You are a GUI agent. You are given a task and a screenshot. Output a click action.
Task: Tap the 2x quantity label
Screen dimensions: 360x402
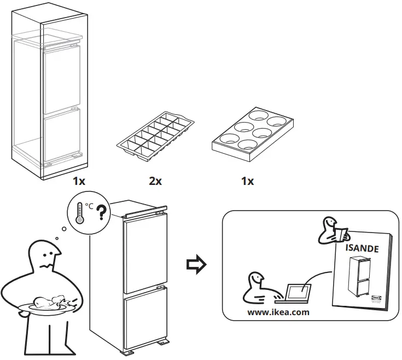155,181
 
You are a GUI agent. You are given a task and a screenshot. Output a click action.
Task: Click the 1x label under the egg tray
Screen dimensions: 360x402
247,181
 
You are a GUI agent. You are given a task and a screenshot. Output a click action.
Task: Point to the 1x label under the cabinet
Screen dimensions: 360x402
79,181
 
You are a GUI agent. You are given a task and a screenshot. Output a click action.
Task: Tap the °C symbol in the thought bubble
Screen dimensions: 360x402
89,206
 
